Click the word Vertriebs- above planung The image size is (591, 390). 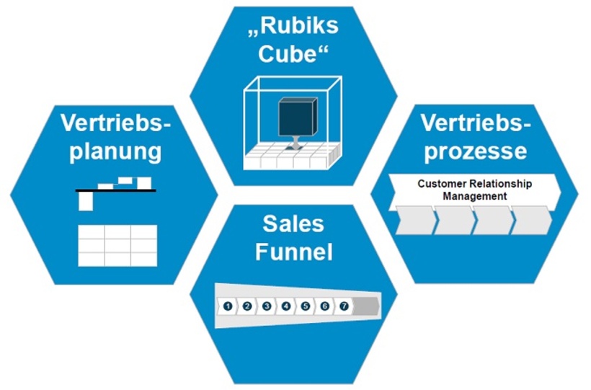pyautogui.click(x=117, y=123)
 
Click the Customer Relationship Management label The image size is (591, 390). pyautogui.click(x=474, y=190)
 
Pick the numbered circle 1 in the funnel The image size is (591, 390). pyautogui.click(x=228, y=306)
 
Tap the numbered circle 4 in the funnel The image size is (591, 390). pyautogui.click(x=286, y=306)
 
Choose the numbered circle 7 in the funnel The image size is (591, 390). pyautogui.click(x=344, y=306)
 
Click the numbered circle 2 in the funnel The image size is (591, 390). pyautogui.click(x=247, y=306)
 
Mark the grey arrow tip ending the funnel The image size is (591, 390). pyautogui.click(x=368, y=306)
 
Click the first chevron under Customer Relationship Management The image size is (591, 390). pyautogui.click(x=414, y=219)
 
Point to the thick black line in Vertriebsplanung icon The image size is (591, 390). pyautogui.click(x=116, y=190)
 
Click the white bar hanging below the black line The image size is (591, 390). pyautogui.click(x=86, y=202)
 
